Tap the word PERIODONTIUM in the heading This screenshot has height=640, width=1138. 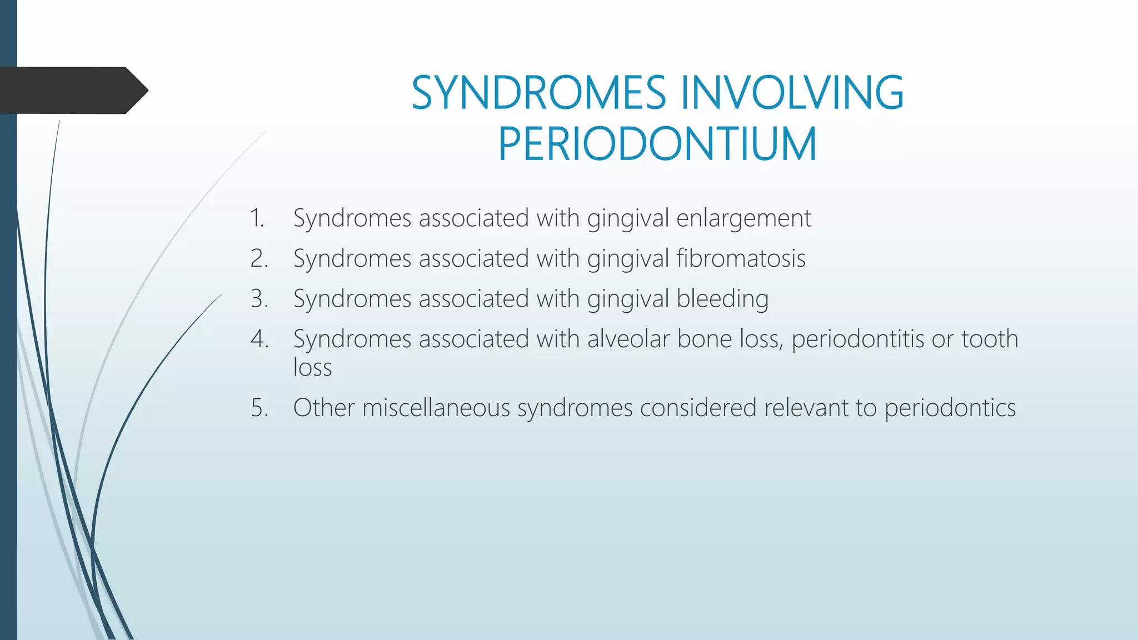tap(657, 144)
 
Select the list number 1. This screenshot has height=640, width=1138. tap(257, 218)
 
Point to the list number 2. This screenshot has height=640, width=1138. tap(259, 258)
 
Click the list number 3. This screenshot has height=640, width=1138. tap(259, 299)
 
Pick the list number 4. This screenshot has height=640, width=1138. tap(259, 339)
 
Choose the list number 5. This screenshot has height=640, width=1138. tap(259, 408)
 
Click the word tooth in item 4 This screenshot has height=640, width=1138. tap(990, 339)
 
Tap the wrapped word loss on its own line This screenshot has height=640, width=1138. tap(312, 368)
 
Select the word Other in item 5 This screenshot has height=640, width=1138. tap(323, 408)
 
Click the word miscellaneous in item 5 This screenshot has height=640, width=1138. tap(436, 408)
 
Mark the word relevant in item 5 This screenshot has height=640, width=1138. tap(806, 408)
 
